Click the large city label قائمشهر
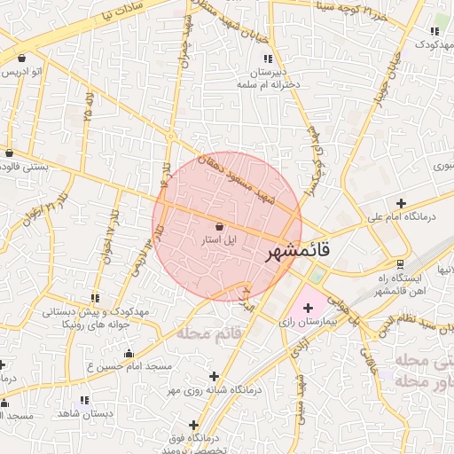298,251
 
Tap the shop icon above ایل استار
219,226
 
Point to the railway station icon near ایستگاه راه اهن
400,263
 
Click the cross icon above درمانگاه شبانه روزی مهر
214,376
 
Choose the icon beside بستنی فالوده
9,152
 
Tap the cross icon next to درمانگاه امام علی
402,203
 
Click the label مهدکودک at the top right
429,43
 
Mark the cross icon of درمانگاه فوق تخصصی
193,426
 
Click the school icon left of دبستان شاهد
84,401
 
